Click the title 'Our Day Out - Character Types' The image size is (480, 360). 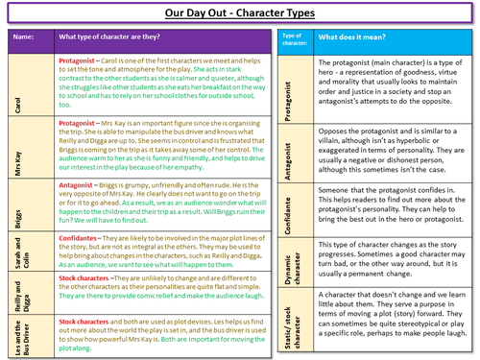click(239, 12)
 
